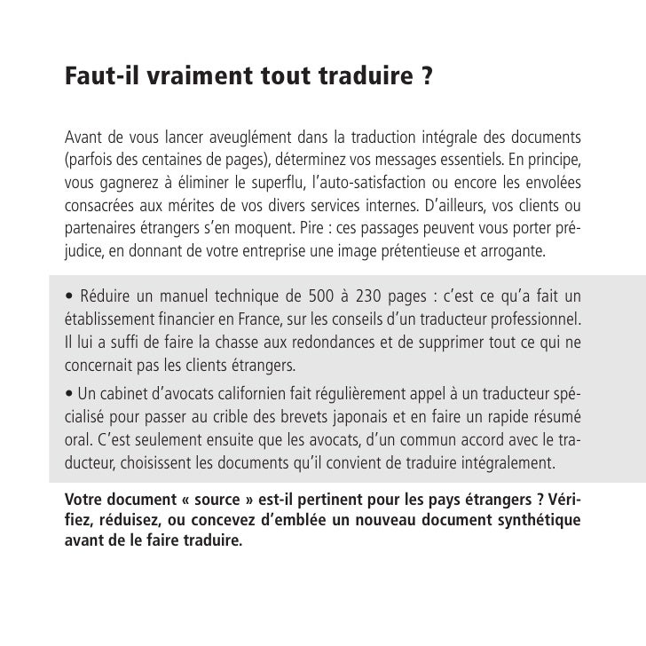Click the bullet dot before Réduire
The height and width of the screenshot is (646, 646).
pos(68,296)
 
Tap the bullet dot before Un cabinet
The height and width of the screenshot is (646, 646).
pos(67,394)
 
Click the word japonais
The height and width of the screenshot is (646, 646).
pos(353,416)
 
